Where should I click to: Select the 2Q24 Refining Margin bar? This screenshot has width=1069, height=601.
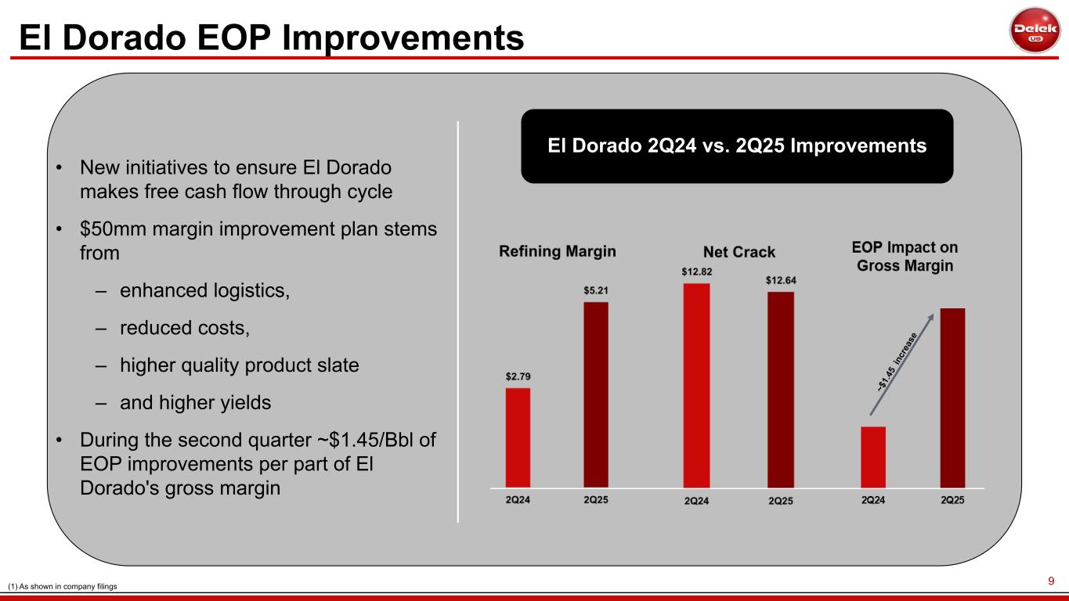pos(518,437)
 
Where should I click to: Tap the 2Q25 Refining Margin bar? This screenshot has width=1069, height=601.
pos(596,394)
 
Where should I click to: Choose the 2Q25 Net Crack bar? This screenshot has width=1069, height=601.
pos(780,390)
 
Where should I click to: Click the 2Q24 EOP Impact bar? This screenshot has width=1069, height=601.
pos(873,457)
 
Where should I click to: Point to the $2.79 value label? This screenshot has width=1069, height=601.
pos(518,376)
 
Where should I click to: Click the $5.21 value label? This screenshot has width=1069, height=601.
pos(596,290)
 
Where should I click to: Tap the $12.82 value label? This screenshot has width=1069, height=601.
pos(696,271)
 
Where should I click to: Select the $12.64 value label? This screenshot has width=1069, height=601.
pos(781,279)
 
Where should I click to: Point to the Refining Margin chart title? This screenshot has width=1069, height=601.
pos(558,251)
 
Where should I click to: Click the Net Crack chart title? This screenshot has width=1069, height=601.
pos(739,252)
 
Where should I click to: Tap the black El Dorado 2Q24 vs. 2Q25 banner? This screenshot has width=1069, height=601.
pos(737,146)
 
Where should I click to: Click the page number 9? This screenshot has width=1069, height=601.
pos(1052,581)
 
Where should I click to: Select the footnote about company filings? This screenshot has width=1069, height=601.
pos(62,586)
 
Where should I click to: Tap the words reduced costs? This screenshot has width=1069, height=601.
pos(184,328)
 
